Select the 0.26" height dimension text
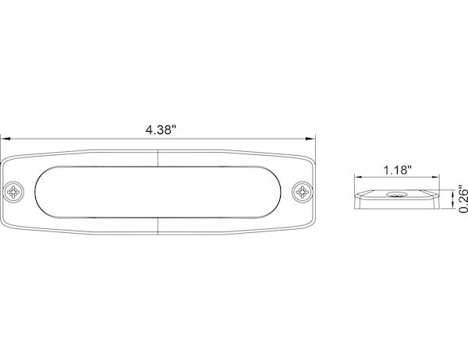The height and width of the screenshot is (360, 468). pyautogui.click(x=462, y=199)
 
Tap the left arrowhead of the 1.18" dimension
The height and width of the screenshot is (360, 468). pyautogui.click(x=356, y=178)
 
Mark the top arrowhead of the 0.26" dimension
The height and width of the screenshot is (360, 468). pyautogui.click(x=453, y=189)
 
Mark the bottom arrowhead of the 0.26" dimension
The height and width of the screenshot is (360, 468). pyautogui.click(x=453, y=209)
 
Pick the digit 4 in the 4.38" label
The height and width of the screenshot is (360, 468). pyautogui.click(x=149, y=129)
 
